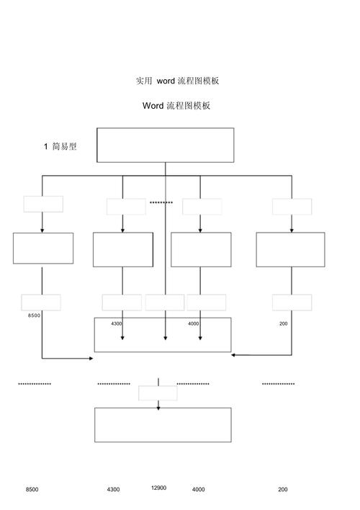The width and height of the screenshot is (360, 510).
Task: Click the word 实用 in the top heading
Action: point(144,81)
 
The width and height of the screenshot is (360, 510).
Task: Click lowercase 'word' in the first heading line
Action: point(166,81)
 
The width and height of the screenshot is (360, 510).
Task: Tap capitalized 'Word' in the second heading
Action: point(153,105)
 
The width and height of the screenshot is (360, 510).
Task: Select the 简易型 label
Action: point(64,146)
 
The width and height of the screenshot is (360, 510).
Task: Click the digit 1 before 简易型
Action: point(46,147)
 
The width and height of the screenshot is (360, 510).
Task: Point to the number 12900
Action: point(158,488)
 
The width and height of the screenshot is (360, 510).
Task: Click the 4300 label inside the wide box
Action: point(116,323)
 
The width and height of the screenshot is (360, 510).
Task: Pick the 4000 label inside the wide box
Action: point(193,323)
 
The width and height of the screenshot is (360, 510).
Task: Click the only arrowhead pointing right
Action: point(91,359)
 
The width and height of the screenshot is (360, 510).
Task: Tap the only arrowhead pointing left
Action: point(233,355)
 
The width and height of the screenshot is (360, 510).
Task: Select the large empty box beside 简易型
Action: point(165,145)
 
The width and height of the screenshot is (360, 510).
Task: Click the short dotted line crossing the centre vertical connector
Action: point(161,202)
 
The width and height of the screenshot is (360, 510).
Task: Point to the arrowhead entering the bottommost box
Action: point(158,408)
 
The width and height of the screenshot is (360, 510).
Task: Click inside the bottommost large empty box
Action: point(163,425)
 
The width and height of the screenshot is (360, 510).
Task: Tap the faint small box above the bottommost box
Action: point(158,393)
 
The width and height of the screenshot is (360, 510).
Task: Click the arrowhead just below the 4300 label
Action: point(122,338)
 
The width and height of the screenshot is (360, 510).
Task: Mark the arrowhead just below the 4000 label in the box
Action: point(200,338)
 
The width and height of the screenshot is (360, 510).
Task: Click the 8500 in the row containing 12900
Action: point(32,489)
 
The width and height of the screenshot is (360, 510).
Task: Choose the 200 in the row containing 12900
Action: point(283,489)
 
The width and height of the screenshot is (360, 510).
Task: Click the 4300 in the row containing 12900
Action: point(114,489)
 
